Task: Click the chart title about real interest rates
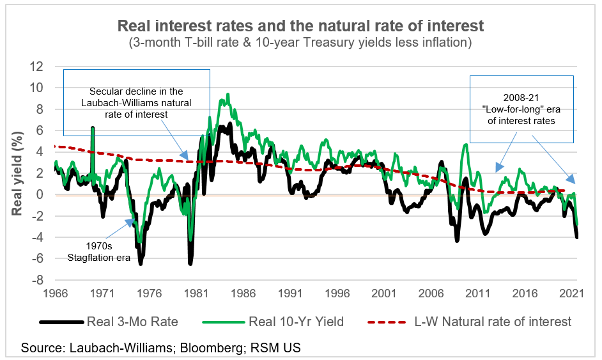tap(300, 26)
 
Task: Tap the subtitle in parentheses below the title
tap(300, 43)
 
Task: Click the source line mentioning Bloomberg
tap(160, 348)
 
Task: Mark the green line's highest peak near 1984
tap(228, 94)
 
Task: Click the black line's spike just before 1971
tap(93, 128)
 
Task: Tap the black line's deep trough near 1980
tap(190, 263)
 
